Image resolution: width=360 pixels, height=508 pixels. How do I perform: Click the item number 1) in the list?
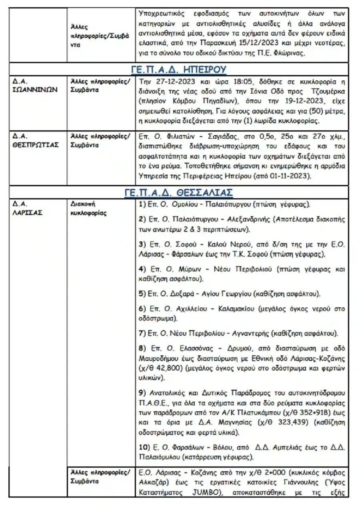(x=142, y=205)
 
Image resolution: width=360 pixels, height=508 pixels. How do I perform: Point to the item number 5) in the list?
(x=142, y=294)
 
